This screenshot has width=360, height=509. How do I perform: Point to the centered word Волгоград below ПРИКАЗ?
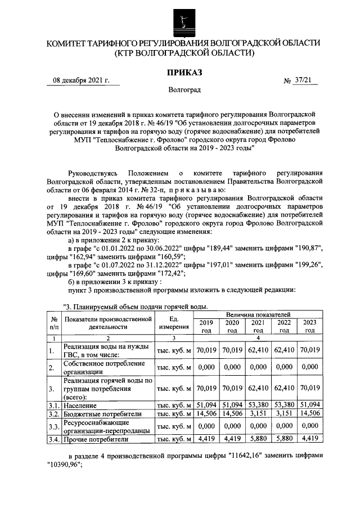pyautogui.click(x=183, y=90)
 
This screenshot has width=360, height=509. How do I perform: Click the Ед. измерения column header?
pyautogui.click(x=174, y=323)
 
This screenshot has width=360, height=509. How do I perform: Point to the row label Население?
pyautogui.click(x=80, y=405)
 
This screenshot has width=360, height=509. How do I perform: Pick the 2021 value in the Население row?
pyautogui.click(x=258, y=405)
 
